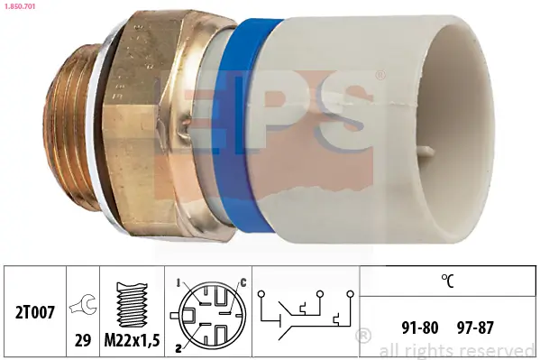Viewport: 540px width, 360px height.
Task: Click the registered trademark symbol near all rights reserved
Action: pyautogui.click(x=363, y=337)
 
